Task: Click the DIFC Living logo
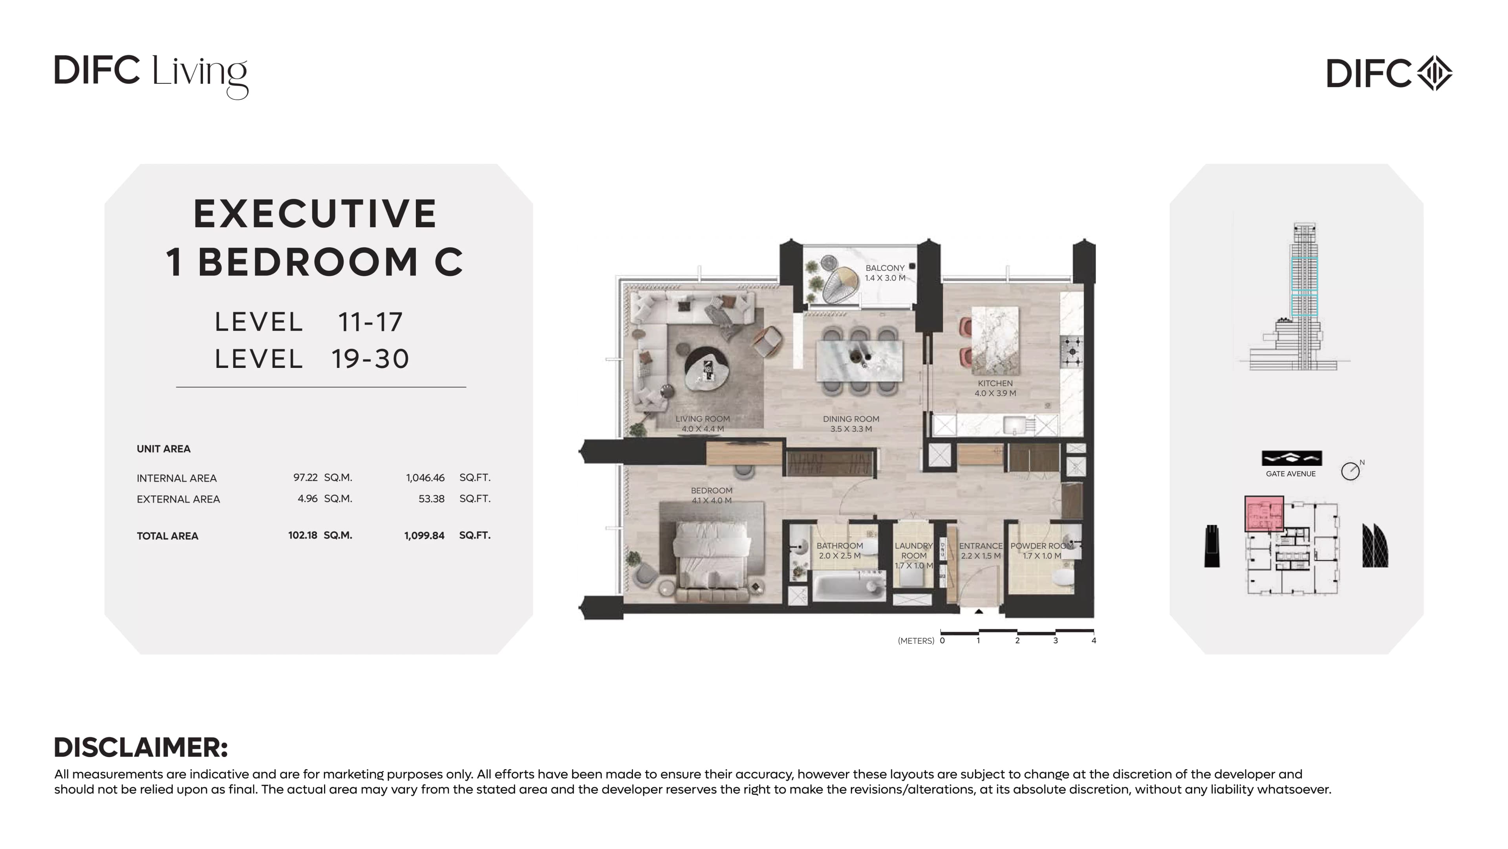point(151,76)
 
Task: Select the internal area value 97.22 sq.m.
point(322,478)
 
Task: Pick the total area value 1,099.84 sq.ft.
point(447,535)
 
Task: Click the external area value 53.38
point(432,499)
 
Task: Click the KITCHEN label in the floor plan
point(995,383)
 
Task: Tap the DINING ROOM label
point(851,419)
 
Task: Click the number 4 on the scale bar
point(1094,640)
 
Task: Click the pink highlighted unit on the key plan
point(1264,514)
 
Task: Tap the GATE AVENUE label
point(1291,474)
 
